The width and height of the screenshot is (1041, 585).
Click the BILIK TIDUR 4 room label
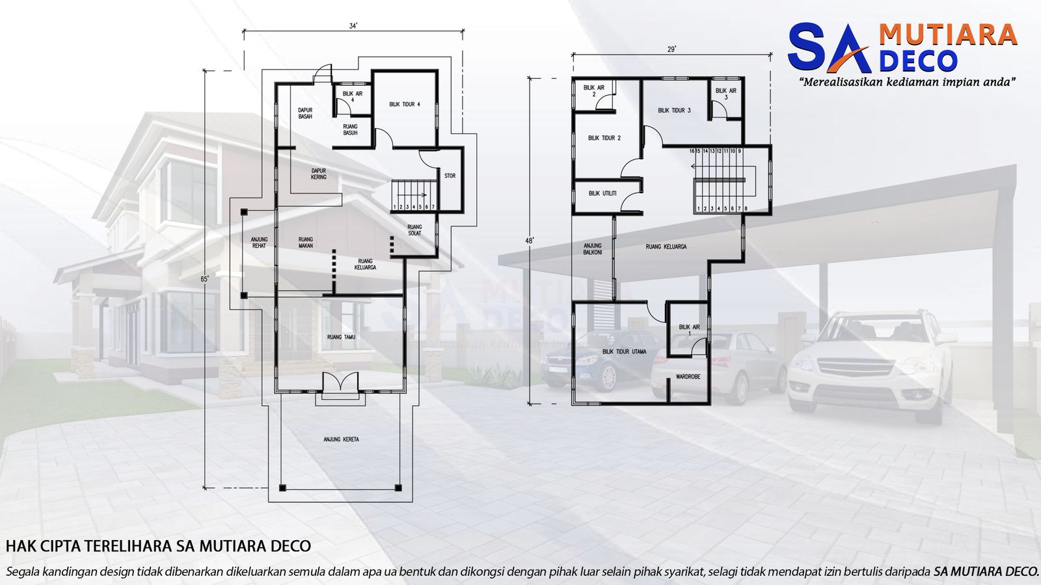405,105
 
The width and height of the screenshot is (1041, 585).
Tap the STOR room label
450,175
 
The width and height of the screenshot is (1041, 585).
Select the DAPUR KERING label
319,174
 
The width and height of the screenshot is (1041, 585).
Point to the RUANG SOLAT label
414,230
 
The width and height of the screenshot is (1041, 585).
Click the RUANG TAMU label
341,337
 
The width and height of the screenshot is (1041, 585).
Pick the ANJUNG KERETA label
341,439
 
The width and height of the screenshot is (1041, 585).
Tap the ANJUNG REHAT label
259,242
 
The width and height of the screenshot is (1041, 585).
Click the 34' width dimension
353,26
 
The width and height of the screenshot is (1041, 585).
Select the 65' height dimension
205,279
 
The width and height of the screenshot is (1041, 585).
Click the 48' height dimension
530,240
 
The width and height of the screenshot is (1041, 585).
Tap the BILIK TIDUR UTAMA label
625,352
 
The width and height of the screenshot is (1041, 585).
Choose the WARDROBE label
688,376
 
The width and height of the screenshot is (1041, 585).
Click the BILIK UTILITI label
602,194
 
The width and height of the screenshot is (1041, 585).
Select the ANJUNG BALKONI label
592,249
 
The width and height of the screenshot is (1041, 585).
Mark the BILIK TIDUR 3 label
674,110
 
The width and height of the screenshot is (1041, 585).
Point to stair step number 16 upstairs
692,151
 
